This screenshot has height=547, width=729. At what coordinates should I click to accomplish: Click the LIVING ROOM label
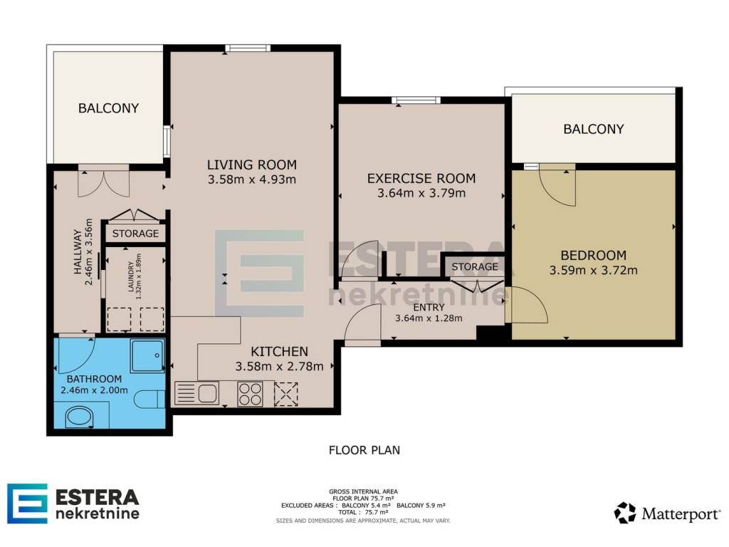pos(251,165)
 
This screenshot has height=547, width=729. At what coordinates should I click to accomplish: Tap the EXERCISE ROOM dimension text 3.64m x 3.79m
pos(421,193)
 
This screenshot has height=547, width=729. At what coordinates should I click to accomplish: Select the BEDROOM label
pos(593,256)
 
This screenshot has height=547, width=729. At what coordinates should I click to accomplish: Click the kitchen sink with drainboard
pos(196,393)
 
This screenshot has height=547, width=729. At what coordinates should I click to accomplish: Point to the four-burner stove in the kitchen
pos(250,394)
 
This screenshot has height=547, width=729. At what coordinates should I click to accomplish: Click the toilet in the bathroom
pos(150,399)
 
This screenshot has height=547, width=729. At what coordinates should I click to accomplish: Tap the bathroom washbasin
pos(78,417)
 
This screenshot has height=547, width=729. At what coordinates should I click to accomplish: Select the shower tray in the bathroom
pos(147,356)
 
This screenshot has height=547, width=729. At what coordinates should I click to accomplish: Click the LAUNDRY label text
pos(131,277)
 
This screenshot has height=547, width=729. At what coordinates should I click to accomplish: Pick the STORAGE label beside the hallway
pos(135,234)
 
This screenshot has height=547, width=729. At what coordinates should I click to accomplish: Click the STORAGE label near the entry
pos(475,266)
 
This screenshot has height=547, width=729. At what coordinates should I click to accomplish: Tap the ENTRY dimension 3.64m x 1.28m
pos(429,318)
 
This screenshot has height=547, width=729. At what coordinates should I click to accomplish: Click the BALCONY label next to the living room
pos(108,108)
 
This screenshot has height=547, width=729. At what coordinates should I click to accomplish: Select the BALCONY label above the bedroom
pos(594,129)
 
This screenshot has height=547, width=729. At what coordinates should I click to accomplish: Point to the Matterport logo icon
pos(625,513)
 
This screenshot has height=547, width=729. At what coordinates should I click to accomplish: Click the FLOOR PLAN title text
pos(364,450)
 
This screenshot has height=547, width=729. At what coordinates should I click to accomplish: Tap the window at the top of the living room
pos(248,48)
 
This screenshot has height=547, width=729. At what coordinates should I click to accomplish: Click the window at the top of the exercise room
pos(416,100)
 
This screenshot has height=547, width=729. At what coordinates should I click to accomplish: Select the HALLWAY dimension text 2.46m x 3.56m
pos(89,251)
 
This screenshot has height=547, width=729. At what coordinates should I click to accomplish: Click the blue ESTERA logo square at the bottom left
pos(27,504)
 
